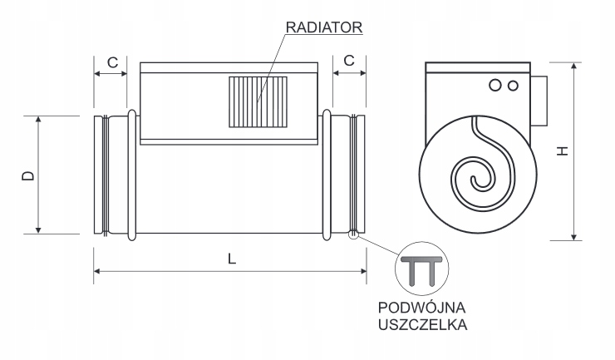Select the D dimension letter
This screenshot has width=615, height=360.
(27, 175)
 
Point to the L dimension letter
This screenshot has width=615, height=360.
(232, 259)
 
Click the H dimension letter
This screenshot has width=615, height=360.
(563, 150)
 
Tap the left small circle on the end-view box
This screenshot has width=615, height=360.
(496, 85)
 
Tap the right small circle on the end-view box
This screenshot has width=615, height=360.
(513, 85)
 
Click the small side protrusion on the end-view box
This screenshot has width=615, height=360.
(538, 98)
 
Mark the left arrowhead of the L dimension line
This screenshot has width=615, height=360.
(96, 271)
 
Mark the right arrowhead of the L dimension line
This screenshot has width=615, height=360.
(362, 271)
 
